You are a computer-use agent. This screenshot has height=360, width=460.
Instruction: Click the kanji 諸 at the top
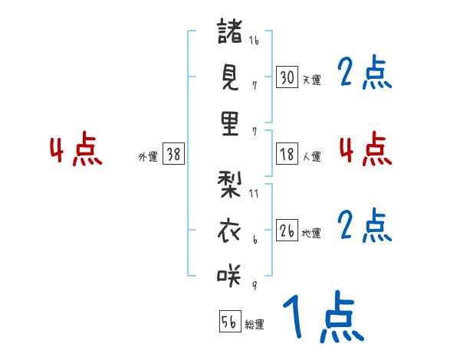pyautogui.click(x=230, y=32)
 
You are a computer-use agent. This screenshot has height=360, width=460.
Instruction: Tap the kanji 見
pyautogui.click(x=230, y=77)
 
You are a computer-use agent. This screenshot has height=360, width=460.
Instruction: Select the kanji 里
pyautogui.click(x=230, y=123)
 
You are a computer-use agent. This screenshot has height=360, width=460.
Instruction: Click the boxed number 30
pyautogui.click(x=287, y=77)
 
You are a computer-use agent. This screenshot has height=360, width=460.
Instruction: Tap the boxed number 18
pyautogui.click(x=287, y=154)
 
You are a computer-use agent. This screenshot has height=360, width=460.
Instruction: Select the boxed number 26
pyautogui.click(x=287, y=231)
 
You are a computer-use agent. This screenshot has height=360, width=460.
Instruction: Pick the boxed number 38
pyautogui.click(x=173, y=154)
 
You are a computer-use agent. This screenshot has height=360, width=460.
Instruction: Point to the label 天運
pyautogui.click(x=312, y=80)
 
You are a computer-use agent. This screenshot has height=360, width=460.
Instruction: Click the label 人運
pyautogui.click(x=312, y=156)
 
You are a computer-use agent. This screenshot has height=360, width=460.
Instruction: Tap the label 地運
pyautogui.click(x=312, y=233)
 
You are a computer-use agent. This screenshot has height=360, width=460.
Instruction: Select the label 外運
pyautogui.click(x=147, y=156)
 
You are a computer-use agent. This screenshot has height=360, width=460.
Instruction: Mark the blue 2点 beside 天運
pyautogui.click(x=365, y=74)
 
